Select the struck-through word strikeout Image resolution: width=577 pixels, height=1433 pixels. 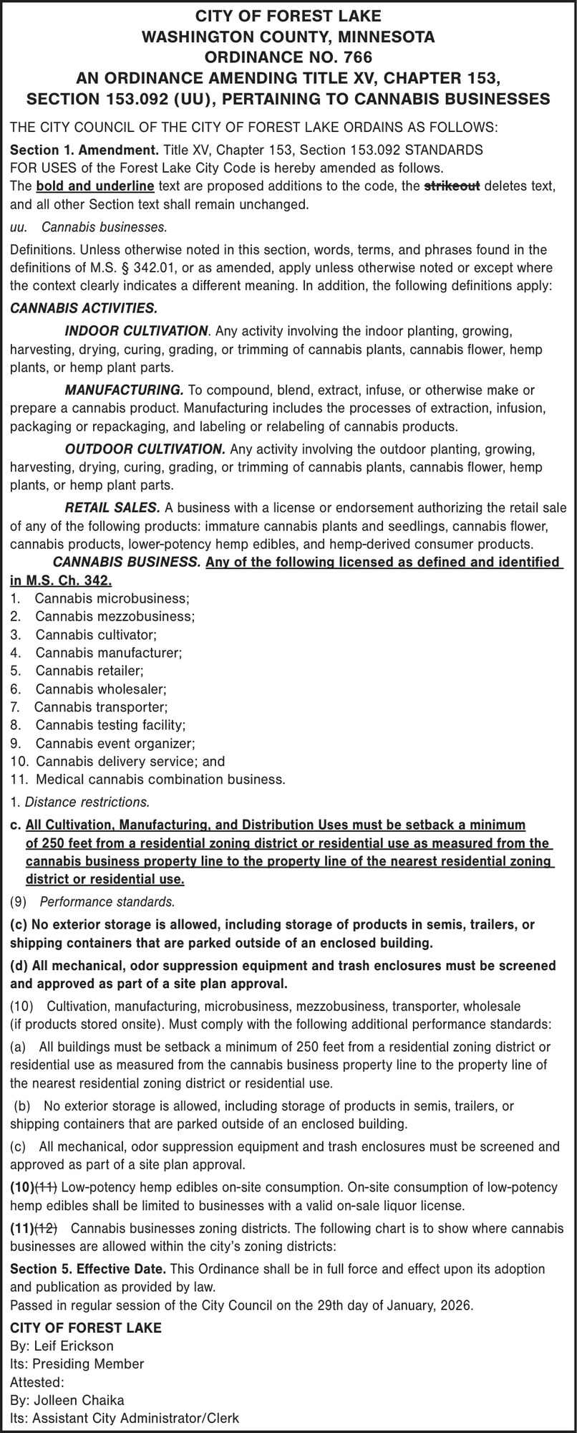click(452, 187)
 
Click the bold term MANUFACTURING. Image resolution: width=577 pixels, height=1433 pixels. click(124, 390)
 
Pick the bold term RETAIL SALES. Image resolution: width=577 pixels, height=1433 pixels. click(112, 508)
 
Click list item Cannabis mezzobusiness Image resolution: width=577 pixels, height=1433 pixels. click(115, 616)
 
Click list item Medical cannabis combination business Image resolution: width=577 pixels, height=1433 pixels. click(160, 780)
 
